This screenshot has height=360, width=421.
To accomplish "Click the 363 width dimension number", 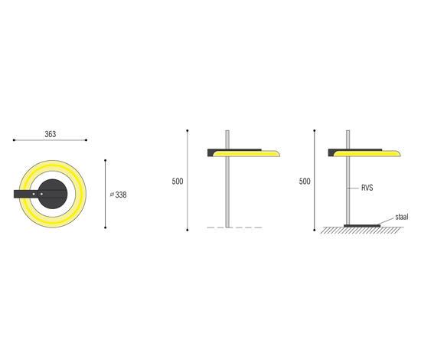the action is (x=51, y=134).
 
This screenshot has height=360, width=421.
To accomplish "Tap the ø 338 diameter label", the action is (x=119, y=195).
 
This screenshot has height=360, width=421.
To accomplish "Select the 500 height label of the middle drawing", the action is (x=178, y=182).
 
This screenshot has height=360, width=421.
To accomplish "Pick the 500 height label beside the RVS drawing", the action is (x=305, y=182).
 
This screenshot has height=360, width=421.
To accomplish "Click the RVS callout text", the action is (x=367, y=188).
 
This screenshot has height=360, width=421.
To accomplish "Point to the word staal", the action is (x=402, y=217).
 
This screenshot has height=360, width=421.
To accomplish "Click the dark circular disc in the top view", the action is (x=53, y=194).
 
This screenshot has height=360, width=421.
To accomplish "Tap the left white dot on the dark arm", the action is (x=34, y=194).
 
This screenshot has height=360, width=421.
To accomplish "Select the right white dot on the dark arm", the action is (x=41, y=194).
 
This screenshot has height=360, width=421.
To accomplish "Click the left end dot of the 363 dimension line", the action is (x=14, y=140).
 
